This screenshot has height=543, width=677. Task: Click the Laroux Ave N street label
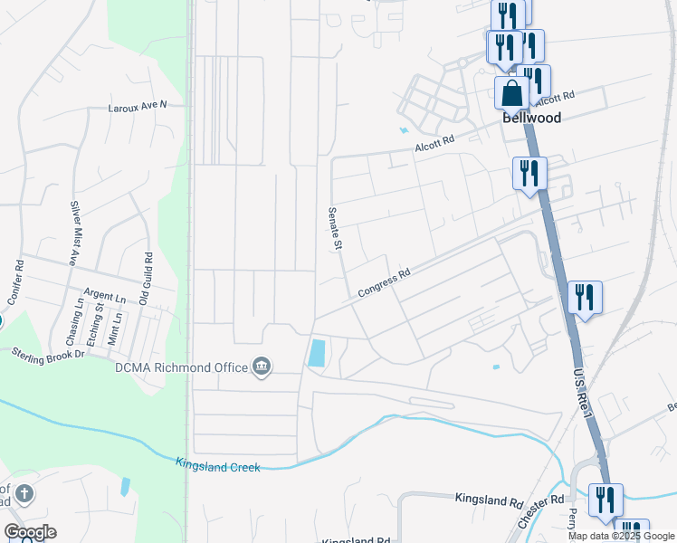pyautogui.click(x=138, y=105)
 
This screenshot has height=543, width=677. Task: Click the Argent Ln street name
pyautogui.click(x=104, y=296)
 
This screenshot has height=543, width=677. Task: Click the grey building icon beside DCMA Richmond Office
pyautogui.click(x=262, y=366)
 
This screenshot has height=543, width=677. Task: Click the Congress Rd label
pyautogui.click(x=384, y=281)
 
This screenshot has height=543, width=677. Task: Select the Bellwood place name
pyautogui.click(x=532, y=118)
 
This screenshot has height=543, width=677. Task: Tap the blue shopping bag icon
pyautogui.click(x=512, y=92)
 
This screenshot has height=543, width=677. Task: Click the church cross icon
pyautogui.click(x=24, y=494)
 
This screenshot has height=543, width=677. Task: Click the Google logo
pyautogui.click(x=30, y=532)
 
